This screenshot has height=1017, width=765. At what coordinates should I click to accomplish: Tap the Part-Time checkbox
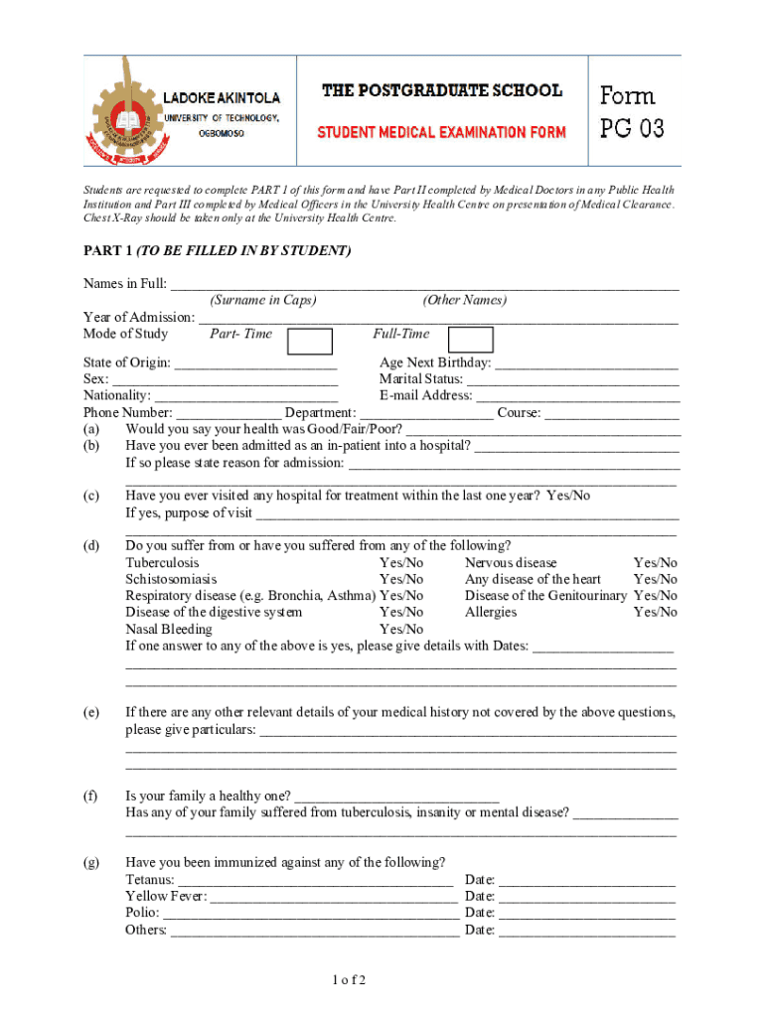pyautogui.click(x=309, y=340)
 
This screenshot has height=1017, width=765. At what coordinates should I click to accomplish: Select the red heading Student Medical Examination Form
pyautogui.click(x=441, y=132)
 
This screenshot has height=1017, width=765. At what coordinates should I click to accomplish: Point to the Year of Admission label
pyautogui.click(x=139, y=318)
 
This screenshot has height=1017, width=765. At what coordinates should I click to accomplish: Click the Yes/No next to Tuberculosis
pyautogui.click(x=401, y=563)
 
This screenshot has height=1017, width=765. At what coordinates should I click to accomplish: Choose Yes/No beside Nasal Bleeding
pyautogui.click(x=401, y=630)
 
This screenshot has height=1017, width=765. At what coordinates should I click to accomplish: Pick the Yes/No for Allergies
pyautogui.click(x=656, y=613)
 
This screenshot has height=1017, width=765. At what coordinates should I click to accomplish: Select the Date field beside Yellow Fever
pyautogui.click(x=586, y=897)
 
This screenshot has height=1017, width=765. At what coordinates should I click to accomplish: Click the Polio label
pyautogui.click(x=142, y=913)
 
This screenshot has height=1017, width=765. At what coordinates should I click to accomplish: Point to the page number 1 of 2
pyautogui.click(x=350, y=981)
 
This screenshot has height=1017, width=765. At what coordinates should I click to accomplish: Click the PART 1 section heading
pyautogui.click(x=217, y=251)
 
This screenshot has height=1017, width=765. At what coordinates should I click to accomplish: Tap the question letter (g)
pyautogui.click(x=91, y=862)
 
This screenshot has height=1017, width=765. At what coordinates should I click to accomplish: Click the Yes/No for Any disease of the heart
pyautogui.click(x=656, y=579)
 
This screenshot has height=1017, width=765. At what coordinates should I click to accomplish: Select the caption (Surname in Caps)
pyautogui.click(x=263, y=300)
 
